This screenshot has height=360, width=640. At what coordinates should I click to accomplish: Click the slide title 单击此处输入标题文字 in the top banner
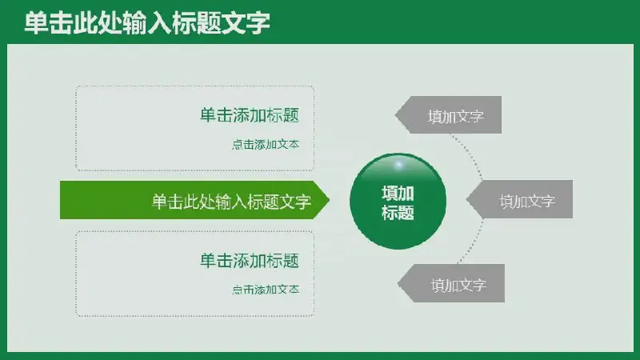tap(147, 23)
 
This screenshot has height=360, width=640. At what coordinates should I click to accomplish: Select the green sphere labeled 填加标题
tap(398, 202)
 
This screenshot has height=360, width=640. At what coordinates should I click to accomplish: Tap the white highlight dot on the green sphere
tap(399, 165)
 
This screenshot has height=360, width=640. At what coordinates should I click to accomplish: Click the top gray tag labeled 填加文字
tap(448, 114)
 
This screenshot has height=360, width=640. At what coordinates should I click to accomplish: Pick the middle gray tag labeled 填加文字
tap(519, 199)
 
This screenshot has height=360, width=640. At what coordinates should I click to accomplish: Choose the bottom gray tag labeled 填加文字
tap(451, 283)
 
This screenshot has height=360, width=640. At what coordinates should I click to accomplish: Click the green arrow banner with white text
tap(194, 200)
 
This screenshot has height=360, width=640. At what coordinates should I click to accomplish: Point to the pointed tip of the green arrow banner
tap(330, 200)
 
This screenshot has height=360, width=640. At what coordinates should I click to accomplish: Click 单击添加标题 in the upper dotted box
tap(250, 115)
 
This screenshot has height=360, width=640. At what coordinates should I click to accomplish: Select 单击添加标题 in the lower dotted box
tap(250, 261)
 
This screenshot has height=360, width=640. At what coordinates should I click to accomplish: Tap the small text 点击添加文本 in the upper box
tap(266, 145)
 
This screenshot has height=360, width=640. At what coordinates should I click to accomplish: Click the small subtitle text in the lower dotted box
tap(266, 290)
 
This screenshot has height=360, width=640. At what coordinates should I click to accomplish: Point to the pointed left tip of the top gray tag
tap(395, 115)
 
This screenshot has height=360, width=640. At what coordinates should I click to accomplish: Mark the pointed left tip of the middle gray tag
tap(466, 199)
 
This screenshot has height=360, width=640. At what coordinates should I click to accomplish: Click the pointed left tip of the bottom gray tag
tap(398, 284)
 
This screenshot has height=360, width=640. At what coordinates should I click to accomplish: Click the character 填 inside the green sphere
tap(390, 193)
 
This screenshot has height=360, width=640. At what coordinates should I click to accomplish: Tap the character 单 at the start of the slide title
tap(36, 23)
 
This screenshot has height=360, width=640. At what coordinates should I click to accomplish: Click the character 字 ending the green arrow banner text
tap(303, 202)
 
